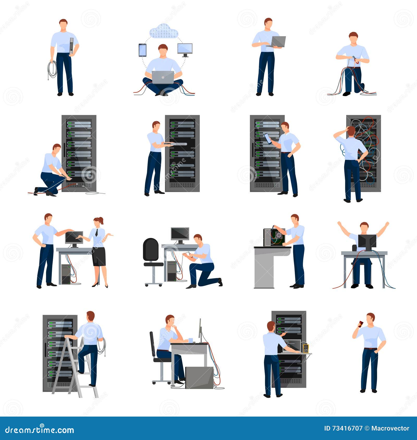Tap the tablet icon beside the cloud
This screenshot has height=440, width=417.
point(143,50)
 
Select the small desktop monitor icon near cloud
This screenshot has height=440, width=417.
point(185,49)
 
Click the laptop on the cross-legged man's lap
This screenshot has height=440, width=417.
point(163,77)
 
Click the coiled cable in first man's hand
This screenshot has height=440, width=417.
point(52,69)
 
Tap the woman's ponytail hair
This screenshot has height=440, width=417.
point(101,221)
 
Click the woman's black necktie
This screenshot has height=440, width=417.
point(97,232)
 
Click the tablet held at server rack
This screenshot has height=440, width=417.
point(268,139)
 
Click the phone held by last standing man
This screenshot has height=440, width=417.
point(360,324)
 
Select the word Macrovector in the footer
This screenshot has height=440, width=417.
point(390,428)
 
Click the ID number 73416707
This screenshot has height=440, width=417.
point(346,428)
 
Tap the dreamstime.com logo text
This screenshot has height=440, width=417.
point(40,430)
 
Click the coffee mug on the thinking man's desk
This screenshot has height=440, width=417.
point(191,340)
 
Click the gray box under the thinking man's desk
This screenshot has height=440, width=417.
point(199,378)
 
